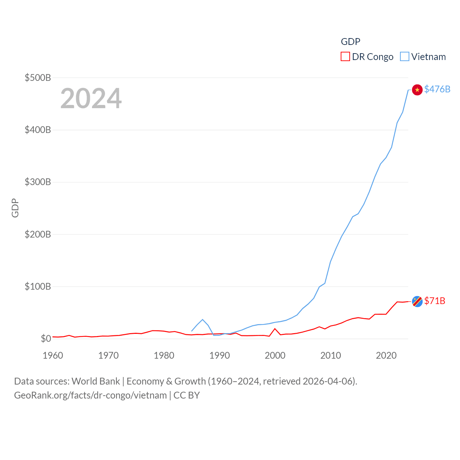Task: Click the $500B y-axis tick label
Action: tap(38, 78)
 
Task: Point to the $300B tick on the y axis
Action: tap(38, 182)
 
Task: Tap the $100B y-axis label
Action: tap(38, 286)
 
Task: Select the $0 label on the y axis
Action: tap(46, 339)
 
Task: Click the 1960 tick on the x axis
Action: tap(53, 355)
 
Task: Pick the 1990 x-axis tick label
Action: tap(220, 355)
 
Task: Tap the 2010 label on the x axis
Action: tap(331, 355)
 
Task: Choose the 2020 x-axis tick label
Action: tap(386, 355)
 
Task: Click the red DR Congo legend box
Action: tap(345, 57)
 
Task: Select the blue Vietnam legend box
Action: tap(405, 57)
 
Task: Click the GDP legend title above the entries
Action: tap(350, 42)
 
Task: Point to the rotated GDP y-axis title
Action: tap(15, 208)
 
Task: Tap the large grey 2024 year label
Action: tap(91, 98)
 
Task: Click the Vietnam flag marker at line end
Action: tap(417, 90)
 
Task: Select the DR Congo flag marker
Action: tap(417, 302)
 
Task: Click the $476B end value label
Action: tap(437, 89)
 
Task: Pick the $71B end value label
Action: tap(434, 301)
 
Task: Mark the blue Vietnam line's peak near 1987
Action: tap(203, 319)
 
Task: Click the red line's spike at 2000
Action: tap(275, 329)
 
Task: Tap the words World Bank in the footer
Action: tap(96, 381)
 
